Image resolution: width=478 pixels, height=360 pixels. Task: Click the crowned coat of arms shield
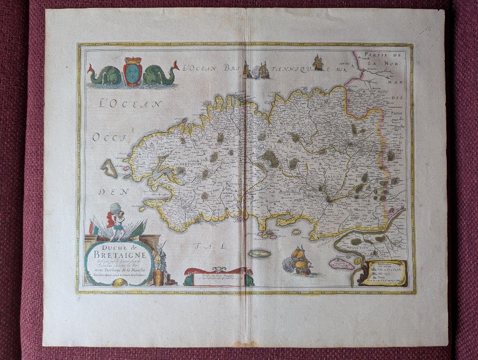point(133,71)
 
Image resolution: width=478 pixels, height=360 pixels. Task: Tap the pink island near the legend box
point(341,264)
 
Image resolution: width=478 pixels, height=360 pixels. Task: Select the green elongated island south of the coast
point(260,254)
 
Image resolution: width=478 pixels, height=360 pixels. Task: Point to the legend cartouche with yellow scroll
point(384,272)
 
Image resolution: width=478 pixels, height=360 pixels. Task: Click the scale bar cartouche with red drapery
point(218,276)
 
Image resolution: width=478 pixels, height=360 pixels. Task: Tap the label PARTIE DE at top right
point(380,55)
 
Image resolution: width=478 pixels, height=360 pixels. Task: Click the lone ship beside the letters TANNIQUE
point(318,62)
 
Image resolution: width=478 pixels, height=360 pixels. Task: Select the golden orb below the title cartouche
point(116,282)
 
